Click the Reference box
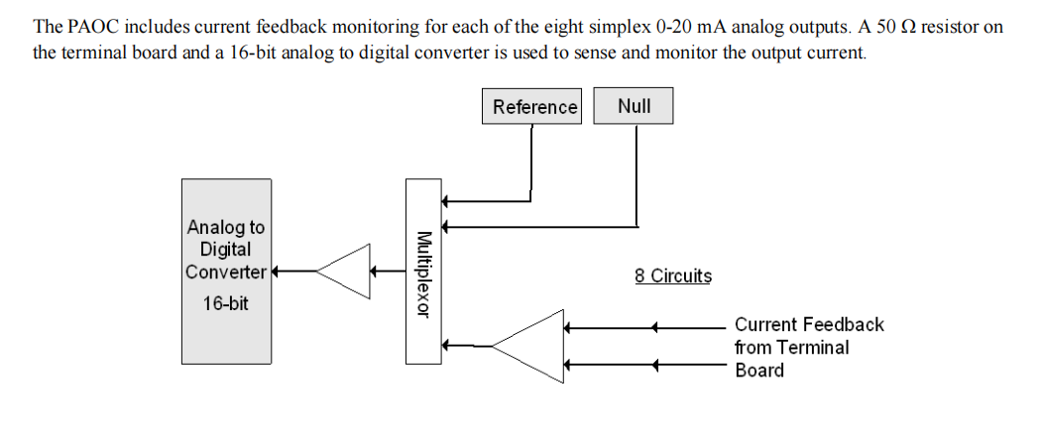[x=534, y=107]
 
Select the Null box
[x=634, y=106]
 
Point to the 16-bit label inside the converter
[x=226, y=303]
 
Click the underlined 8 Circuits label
[x=673, y=276]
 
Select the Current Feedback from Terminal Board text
[x=808, y=348]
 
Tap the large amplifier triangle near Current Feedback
[x=529, y=345]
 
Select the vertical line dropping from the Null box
[x=636, y=173]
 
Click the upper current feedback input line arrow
[x=655, y=326]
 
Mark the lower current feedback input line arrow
[x=655, y=365]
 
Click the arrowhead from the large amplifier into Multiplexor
[x=447, y=345]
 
